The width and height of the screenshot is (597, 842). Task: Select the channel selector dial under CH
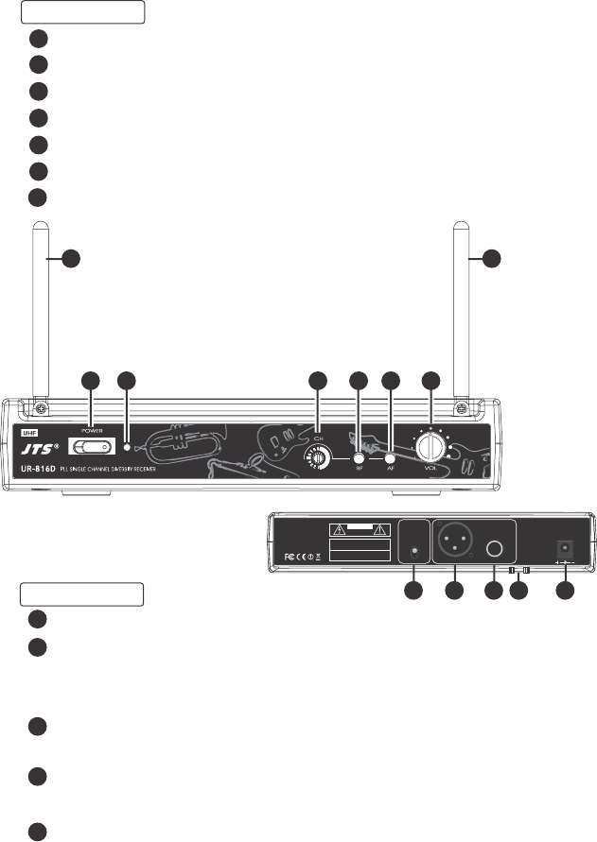[318, 459]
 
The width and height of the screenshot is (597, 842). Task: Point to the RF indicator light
[359, 460]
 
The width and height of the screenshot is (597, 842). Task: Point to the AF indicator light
[390, 460]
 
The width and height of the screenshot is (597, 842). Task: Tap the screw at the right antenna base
[462, 408]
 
